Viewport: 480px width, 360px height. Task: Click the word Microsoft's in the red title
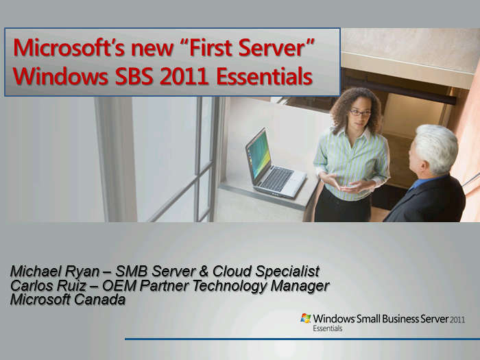point(69,48)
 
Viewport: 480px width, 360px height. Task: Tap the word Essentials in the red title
point(265,76)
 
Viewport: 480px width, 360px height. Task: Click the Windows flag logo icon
point(306,318)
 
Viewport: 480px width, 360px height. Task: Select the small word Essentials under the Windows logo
point(327,328)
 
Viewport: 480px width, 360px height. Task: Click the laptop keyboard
point(277,179)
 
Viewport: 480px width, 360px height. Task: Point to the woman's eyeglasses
point(360,113)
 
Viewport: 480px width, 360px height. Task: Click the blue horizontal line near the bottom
point(302,339)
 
